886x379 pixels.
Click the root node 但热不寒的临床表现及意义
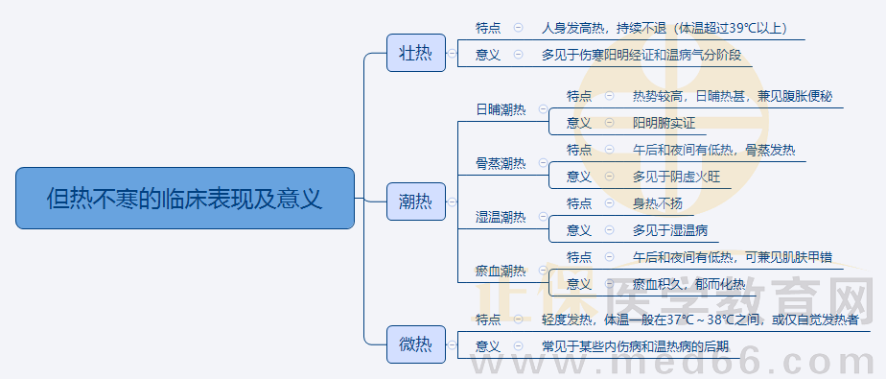point(185,199)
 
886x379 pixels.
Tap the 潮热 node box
point(415,201)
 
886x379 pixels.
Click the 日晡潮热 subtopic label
point(501,109)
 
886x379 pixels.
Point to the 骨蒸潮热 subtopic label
point(501,163)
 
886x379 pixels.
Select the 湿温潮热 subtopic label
point(501,217)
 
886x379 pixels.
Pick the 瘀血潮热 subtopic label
point(501,271)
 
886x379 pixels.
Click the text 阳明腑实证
point(664,123)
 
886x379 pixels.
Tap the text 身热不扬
point(657,203)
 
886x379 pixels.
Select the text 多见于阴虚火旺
point(676,177)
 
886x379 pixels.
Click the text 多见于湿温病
point(669,230)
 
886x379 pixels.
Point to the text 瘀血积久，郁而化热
point(688,284)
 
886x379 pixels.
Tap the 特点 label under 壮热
point(488,29)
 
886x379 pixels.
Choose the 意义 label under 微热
point(488,345)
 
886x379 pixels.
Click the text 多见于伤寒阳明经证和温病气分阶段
point(641,55)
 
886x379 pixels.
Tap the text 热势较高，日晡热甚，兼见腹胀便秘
point(733,96)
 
